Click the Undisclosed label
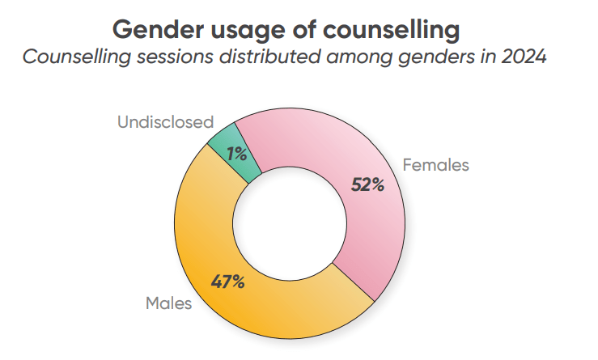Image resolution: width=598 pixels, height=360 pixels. tap(165, 123)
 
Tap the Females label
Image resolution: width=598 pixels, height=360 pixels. tap(435, 165)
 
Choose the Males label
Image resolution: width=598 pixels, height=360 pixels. tap(168, 304)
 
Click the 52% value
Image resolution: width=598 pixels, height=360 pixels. tap(367, 184)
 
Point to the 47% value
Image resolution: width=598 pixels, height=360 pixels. tap(227, 282)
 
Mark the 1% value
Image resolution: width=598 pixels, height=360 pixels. tap(237, 153)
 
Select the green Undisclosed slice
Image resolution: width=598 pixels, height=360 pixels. tap(226, 146)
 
